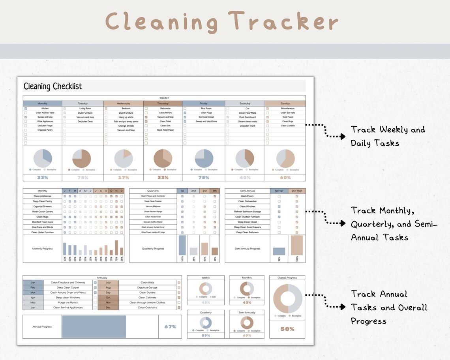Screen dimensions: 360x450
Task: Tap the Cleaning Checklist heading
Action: click(53, 86)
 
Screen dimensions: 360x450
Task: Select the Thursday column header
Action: click(163, 103)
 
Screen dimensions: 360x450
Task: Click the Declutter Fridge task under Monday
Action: click(45, 126)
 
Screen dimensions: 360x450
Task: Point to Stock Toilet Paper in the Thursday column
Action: click(165, 130)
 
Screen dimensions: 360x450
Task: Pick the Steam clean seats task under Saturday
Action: click(247, 122)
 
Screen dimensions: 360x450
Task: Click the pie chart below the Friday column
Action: click(204, 158)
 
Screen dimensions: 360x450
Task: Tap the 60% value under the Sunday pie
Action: click(285, 178)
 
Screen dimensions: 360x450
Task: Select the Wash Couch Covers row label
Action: click(42, 212)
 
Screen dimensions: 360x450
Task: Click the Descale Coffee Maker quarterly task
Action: click(153, 222)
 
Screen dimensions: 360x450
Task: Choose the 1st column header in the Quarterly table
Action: click(182, 191)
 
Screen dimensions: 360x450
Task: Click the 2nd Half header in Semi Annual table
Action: click(296, 191)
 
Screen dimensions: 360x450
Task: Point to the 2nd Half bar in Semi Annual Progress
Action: click(296, 245)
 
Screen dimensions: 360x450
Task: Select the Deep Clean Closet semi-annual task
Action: click(247, 222)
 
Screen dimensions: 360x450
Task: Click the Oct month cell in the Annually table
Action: click(108, 298)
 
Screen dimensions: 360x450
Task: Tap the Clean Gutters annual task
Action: click(148, 292)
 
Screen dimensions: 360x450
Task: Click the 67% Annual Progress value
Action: click(170, 327)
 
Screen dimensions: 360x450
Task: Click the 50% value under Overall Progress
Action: click(287, 329)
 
